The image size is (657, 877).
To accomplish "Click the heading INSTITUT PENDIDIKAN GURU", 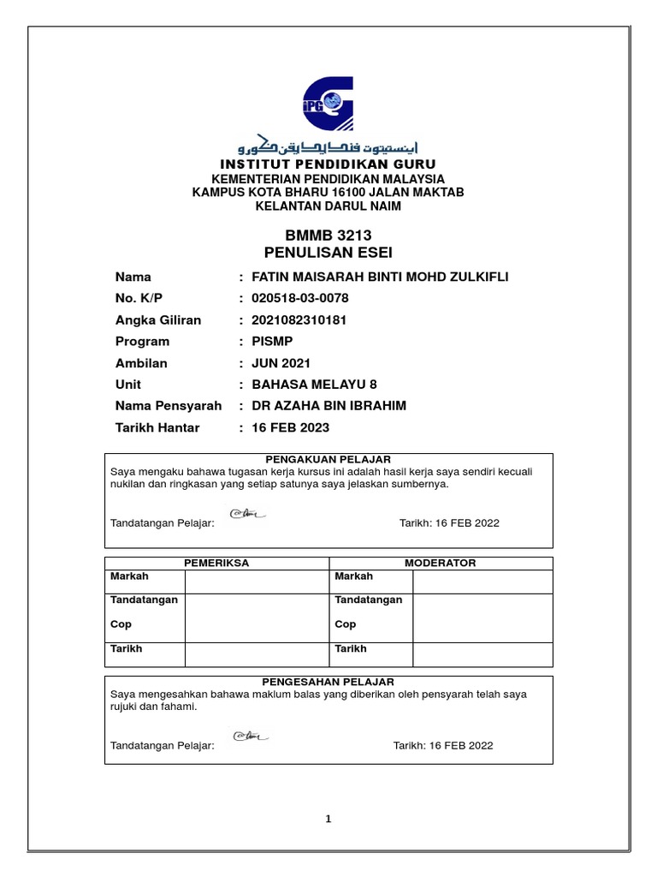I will [328, 164].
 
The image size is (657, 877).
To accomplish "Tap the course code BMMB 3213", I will [328, 236].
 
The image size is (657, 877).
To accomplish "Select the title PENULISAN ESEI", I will [328, 252].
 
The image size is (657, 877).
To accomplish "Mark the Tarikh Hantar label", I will [157, 427].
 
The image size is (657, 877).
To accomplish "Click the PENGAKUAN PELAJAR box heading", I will [328, 460].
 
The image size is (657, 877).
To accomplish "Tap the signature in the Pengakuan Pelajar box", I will [249, 515].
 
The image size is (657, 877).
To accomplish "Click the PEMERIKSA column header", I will [216, 563].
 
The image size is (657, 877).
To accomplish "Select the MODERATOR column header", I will [441, 563].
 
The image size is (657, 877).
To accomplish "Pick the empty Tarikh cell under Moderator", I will [482, 653].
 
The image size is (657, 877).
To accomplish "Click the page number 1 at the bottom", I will [328, 819].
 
